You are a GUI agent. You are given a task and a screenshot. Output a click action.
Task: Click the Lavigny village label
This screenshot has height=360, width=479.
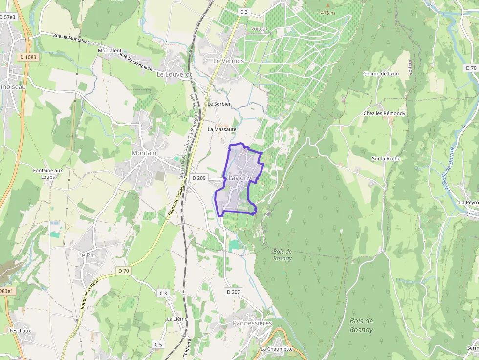[239, 178]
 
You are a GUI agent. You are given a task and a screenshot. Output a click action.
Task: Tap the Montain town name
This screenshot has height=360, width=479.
[144, 153]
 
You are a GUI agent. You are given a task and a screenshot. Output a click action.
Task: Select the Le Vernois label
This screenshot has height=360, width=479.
[228, 61]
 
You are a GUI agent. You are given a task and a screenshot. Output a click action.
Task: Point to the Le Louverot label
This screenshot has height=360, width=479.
[174, 75]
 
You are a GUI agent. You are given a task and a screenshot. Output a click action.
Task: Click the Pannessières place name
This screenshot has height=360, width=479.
[252, 323]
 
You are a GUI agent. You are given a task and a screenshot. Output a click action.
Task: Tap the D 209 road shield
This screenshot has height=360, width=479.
[199, 178]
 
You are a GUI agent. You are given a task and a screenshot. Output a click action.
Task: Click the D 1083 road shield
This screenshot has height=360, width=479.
[28, 57]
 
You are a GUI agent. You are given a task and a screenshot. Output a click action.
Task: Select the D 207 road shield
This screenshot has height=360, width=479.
[234, 292]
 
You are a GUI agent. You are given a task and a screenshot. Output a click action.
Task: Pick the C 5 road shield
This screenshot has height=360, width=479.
[158, 344]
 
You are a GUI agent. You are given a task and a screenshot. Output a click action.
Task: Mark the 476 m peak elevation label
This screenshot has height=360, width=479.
[327, 13]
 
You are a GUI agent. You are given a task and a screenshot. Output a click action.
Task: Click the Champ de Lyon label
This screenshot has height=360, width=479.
[381, 74]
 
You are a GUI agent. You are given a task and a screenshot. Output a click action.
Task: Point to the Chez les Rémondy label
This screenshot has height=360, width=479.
[384, 113]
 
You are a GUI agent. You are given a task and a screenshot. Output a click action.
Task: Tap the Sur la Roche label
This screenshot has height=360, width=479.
[386, 158]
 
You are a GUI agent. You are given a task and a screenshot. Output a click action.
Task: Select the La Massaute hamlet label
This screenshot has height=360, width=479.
[222, 129]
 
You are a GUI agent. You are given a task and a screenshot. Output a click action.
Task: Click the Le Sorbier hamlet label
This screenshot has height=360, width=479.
[219, 104]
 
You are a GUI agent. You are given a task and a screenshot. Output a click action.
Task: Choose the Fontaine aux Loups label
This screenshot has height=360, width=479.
[48, 173]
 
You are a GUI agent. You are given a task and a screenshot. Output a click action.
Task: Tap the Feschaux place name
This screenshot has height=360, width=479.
[20, 330]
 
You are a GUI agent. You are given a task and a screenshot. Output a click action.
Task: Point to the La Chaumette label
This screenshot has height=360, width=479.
[277, 349]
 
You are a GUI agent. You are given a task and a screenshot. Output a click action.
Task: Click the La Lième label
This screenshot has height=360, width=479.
[177, 319]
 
